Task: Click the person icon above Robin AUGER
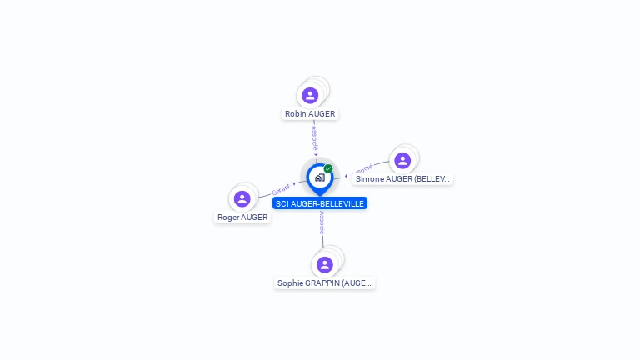pyautogui.click(x=310, y=96)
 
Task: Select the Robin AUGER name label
pyautogui.click(x=310, y=113)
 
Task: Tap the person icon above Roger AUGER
pyautogui.click(x=242, y=198)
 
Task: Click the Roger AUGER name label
pyautogui.click(x=242, y=217)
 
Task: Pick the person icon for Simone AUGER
pyautogui.click(x=402, y=160)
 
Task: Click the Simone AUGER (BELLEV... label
pyautogui.click(x=402, y=178)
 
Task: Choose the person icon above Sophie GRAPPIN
pyautogui.click(x=325, y=264)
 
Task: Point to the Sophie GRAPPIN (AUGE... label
pyautogui.click(x=325, y=282)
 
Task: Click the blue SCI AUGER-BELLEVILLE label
pyautogui.click(x=320, y=203)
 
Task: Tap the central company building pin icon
pyautogui.click(x=319, y=177)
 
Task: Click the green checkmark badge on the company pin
pyautogui.click(x=328, y=168)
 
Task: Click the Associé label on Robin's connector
pyautogui.click(x=314, y=137)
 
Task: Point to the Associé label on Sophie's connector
pyautogui.click(x=322, y=222)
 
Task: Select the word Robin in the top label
pyautogui.click(x=295, y=113)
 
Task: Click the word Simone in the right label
pyautogui.click(x=371, y=178)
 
